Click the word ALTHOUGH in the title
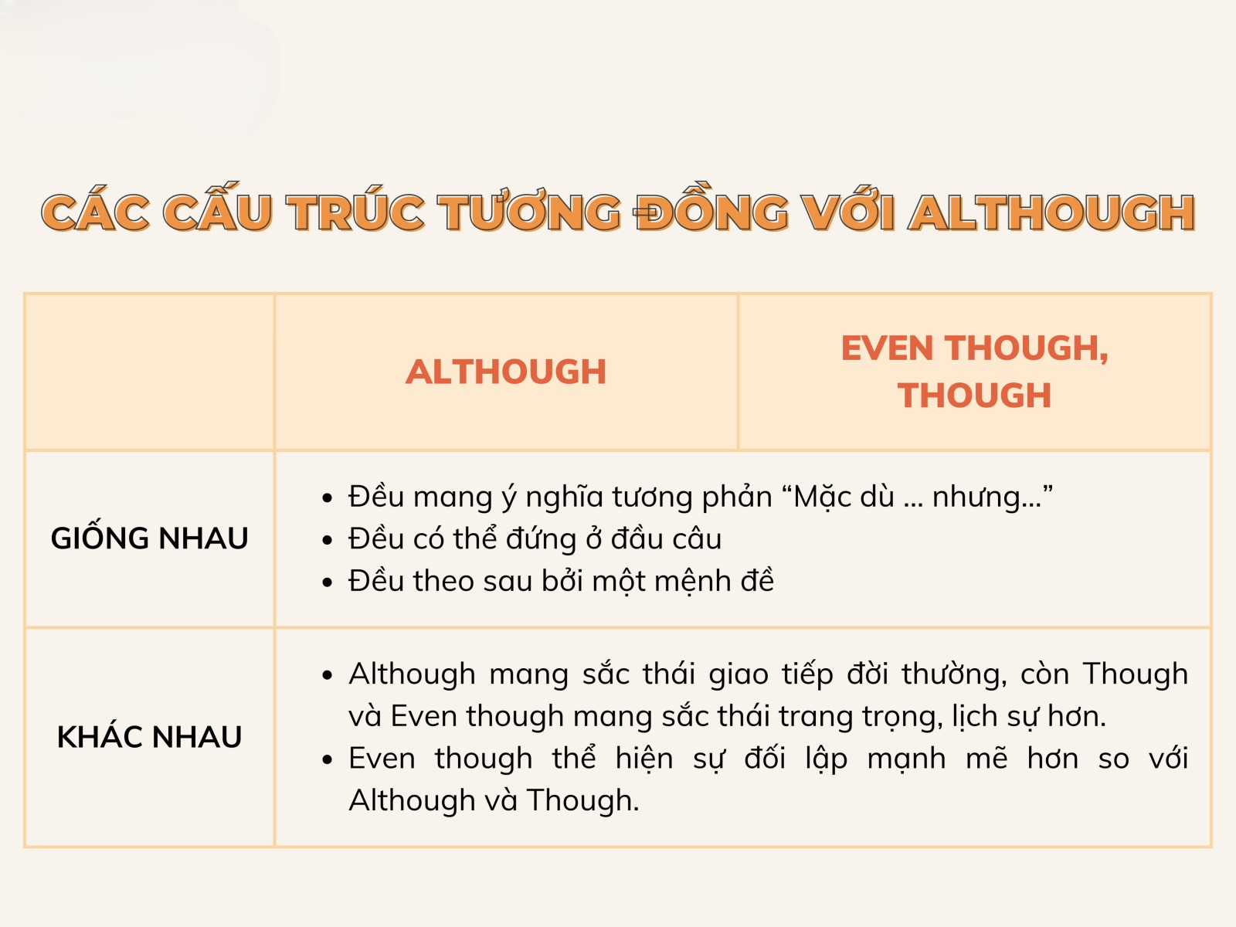coord(1052,213)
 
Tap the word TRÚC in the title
coord(356,213)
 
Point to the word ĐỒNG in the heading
coord(711,213)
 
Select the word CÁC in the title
coord(95,213)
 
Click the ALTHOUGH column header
coord(506,372)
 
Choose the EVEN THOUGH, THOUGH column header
coord(974,372)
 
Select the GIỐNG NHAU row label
coord(149,538)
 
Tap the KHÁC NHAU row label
coord(149,737)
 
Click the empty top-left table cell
coord(149,372)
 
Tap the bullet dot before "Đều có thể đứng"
coord(328,540)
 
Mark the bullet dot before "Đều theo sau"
coord(328,582)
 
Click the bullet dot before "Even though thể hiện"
coord(328,760)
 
